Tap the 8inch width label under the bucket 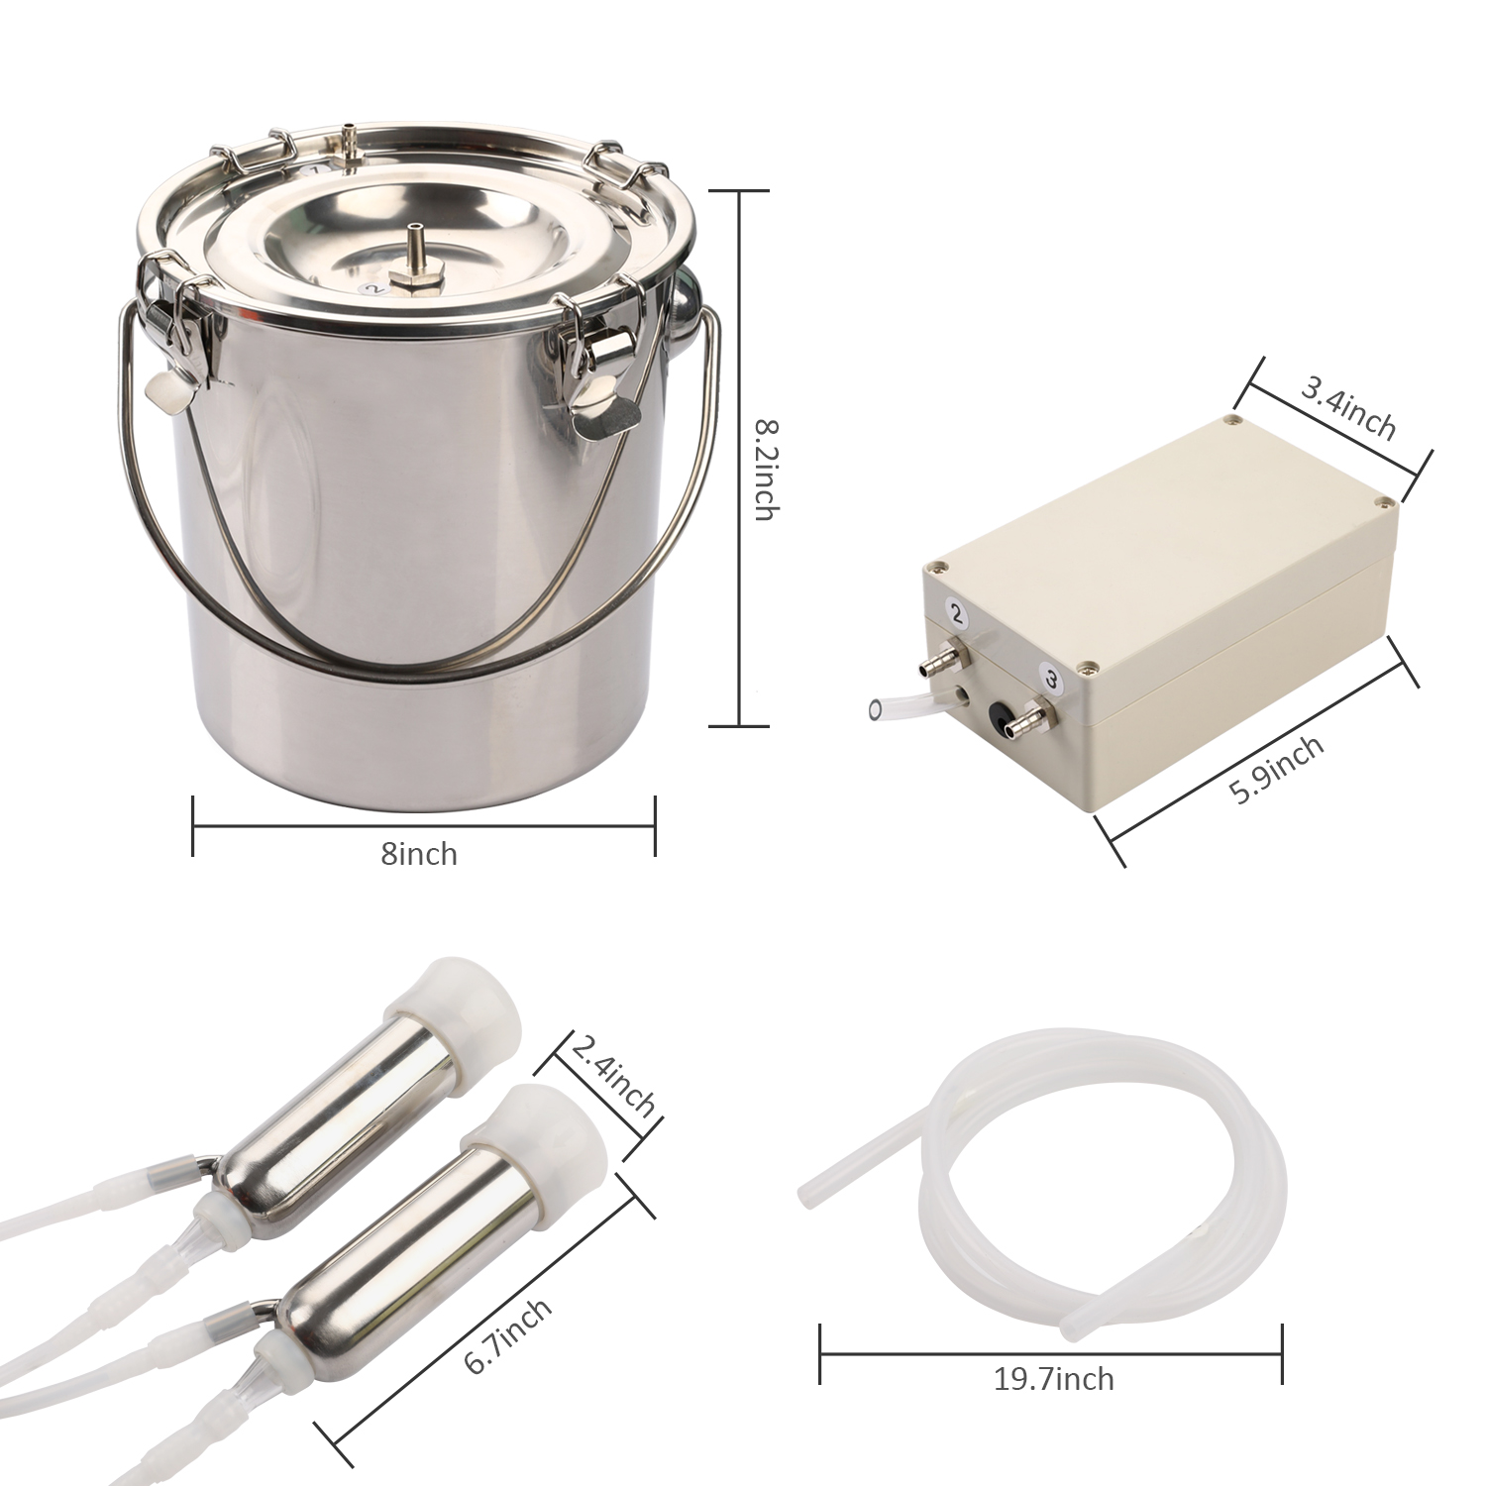pyautogui.click(x=419, y=854)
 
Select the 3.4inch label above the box pyautogui.click(x=1348, y=408)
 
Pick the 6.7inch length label pyautogui.click(x=507, y=1336)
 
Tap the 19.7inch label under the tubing pyautogui.click(x=1053, y=1378)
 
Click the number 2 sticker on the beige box pyautogui.click(x=957, y=614)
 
